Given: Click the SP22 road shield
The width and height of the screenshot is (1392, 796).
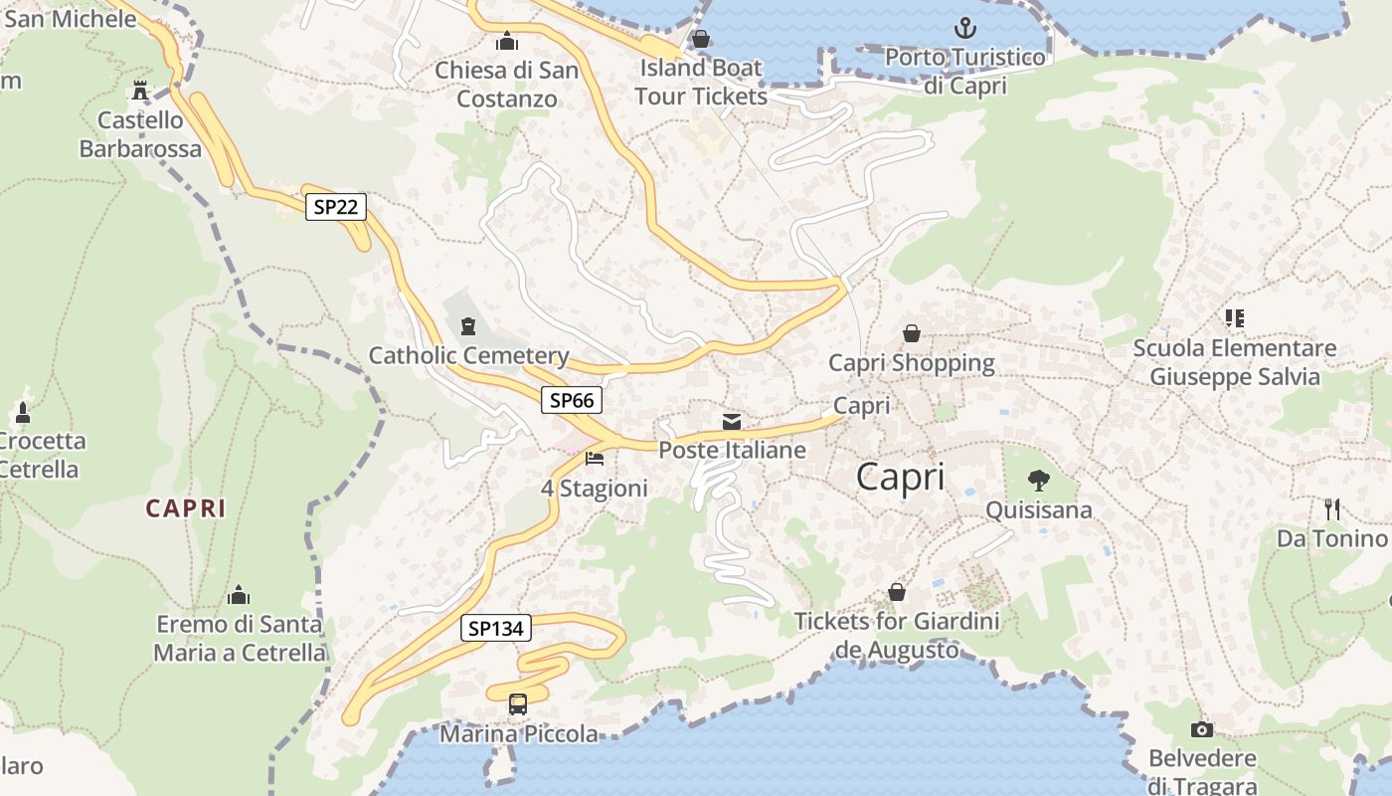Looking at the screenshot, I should tap(336, 207).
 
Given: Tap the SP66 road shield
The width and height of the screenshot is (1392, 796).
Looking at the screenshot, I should tap(572, 400).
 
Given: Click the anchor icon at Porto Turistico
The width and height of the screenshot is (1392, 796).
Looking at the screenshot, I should tap(964, 28).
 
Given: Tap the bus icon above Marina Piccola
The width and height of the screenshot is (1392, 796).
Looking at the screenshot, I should tap(518, 704).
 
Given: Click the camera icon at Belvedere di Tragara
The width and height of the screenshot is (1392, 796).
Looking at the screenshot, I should tap(1202, 730).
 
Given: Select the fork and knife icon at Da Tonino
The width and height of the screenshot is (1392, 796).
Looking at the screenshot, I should tap(1332, 509).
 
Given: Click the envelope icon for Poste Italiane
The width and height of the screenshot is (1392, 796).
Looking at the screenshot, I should tap(732, 422).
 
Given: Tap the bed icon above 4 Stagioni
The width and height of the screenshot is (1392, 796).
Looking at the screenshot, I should tap(595, 459).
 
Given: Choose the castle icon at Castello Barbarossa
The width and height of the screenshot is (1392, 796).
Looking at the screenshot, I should tap(140, 92).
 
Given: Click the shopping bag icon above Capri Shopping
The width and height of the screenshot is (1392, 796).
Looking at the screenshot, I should tap(911, 333).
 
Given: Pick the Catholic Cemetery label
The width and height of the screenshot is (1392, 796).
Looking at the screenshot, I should tap(468, 355).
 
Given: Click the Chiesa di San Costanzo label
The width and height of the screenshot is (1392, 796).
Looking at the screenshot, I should tap(507, 85).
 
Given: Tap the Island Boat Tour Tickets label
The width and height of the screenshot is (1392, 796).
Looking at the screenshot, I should tap(701, 83).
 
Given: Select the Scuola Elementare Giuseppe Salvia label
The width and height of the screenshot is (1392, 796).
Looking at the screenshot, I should tap(1235, 362).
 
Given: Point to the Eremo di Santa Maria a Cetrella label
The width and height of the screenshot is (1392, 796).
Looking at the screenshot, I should tap(240, 639).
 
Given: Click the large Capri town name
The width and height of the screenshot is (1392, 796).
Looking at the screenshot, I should tap(900, 478).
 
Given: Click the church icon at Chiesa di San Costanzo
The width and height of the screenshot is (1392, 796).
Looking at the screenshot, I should tap(507, 42).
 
